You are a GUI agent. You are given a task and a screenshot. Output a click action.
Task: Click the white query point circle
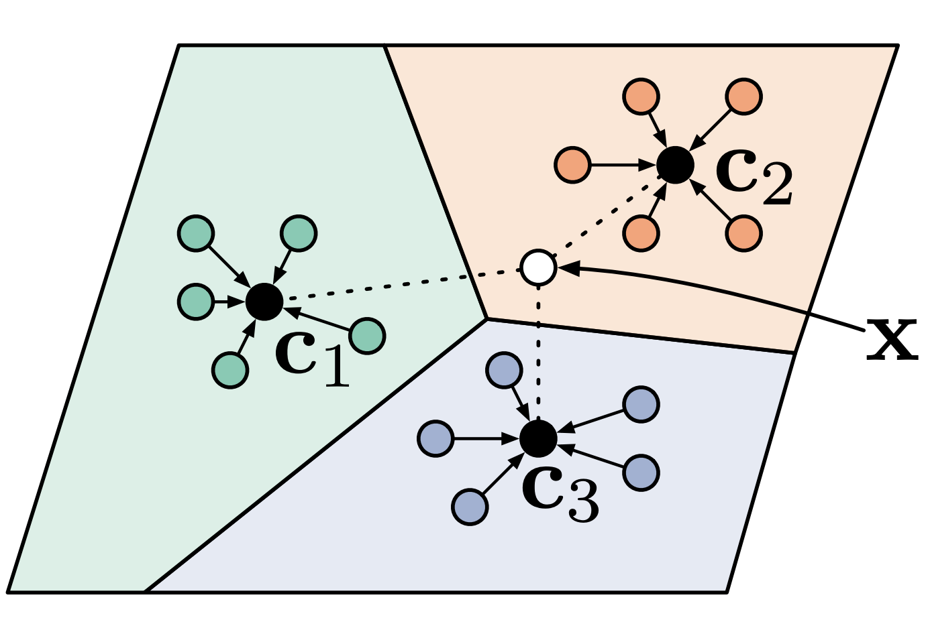point(538,267)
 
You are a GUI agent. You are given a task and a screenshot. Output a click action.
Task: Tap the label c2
point(754,176)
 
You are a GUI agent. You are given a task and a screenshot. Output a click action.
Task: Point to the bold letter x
point(892,339)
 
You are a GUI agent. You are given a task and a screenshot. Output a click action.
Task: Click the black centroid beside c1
point(264,302)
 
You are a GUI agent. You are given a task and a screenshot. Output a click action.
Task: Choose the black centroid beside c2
point(675,165)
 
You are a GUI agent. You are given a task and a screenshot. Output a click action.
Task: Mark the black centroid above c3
point(538,439)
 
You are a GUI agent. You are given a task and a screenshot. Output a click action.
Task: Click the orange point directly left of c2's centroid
point(573,165)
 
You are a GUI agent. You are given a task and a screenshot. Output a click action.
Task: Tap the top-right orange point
point(743,97)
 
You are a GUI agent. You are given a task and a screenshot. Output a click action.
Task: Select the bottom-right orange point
point(743,233)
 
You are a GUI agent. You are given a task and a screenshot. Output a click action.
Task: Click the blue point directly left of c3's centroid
point(436,439)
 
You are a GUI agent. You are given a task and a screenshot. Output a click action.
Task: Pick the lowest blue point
point(470,507)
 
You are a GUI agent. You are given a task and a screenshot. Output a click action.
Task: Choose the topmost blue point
point(504,371)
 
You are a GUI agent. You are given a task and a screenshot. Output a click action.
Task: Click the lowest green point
point(230,370)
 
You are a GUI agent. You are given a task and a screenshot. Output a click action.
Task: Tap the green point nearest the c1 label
point(367,336)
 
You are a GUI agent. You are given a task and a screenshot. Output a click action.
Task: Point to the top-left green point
point(196,233)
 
